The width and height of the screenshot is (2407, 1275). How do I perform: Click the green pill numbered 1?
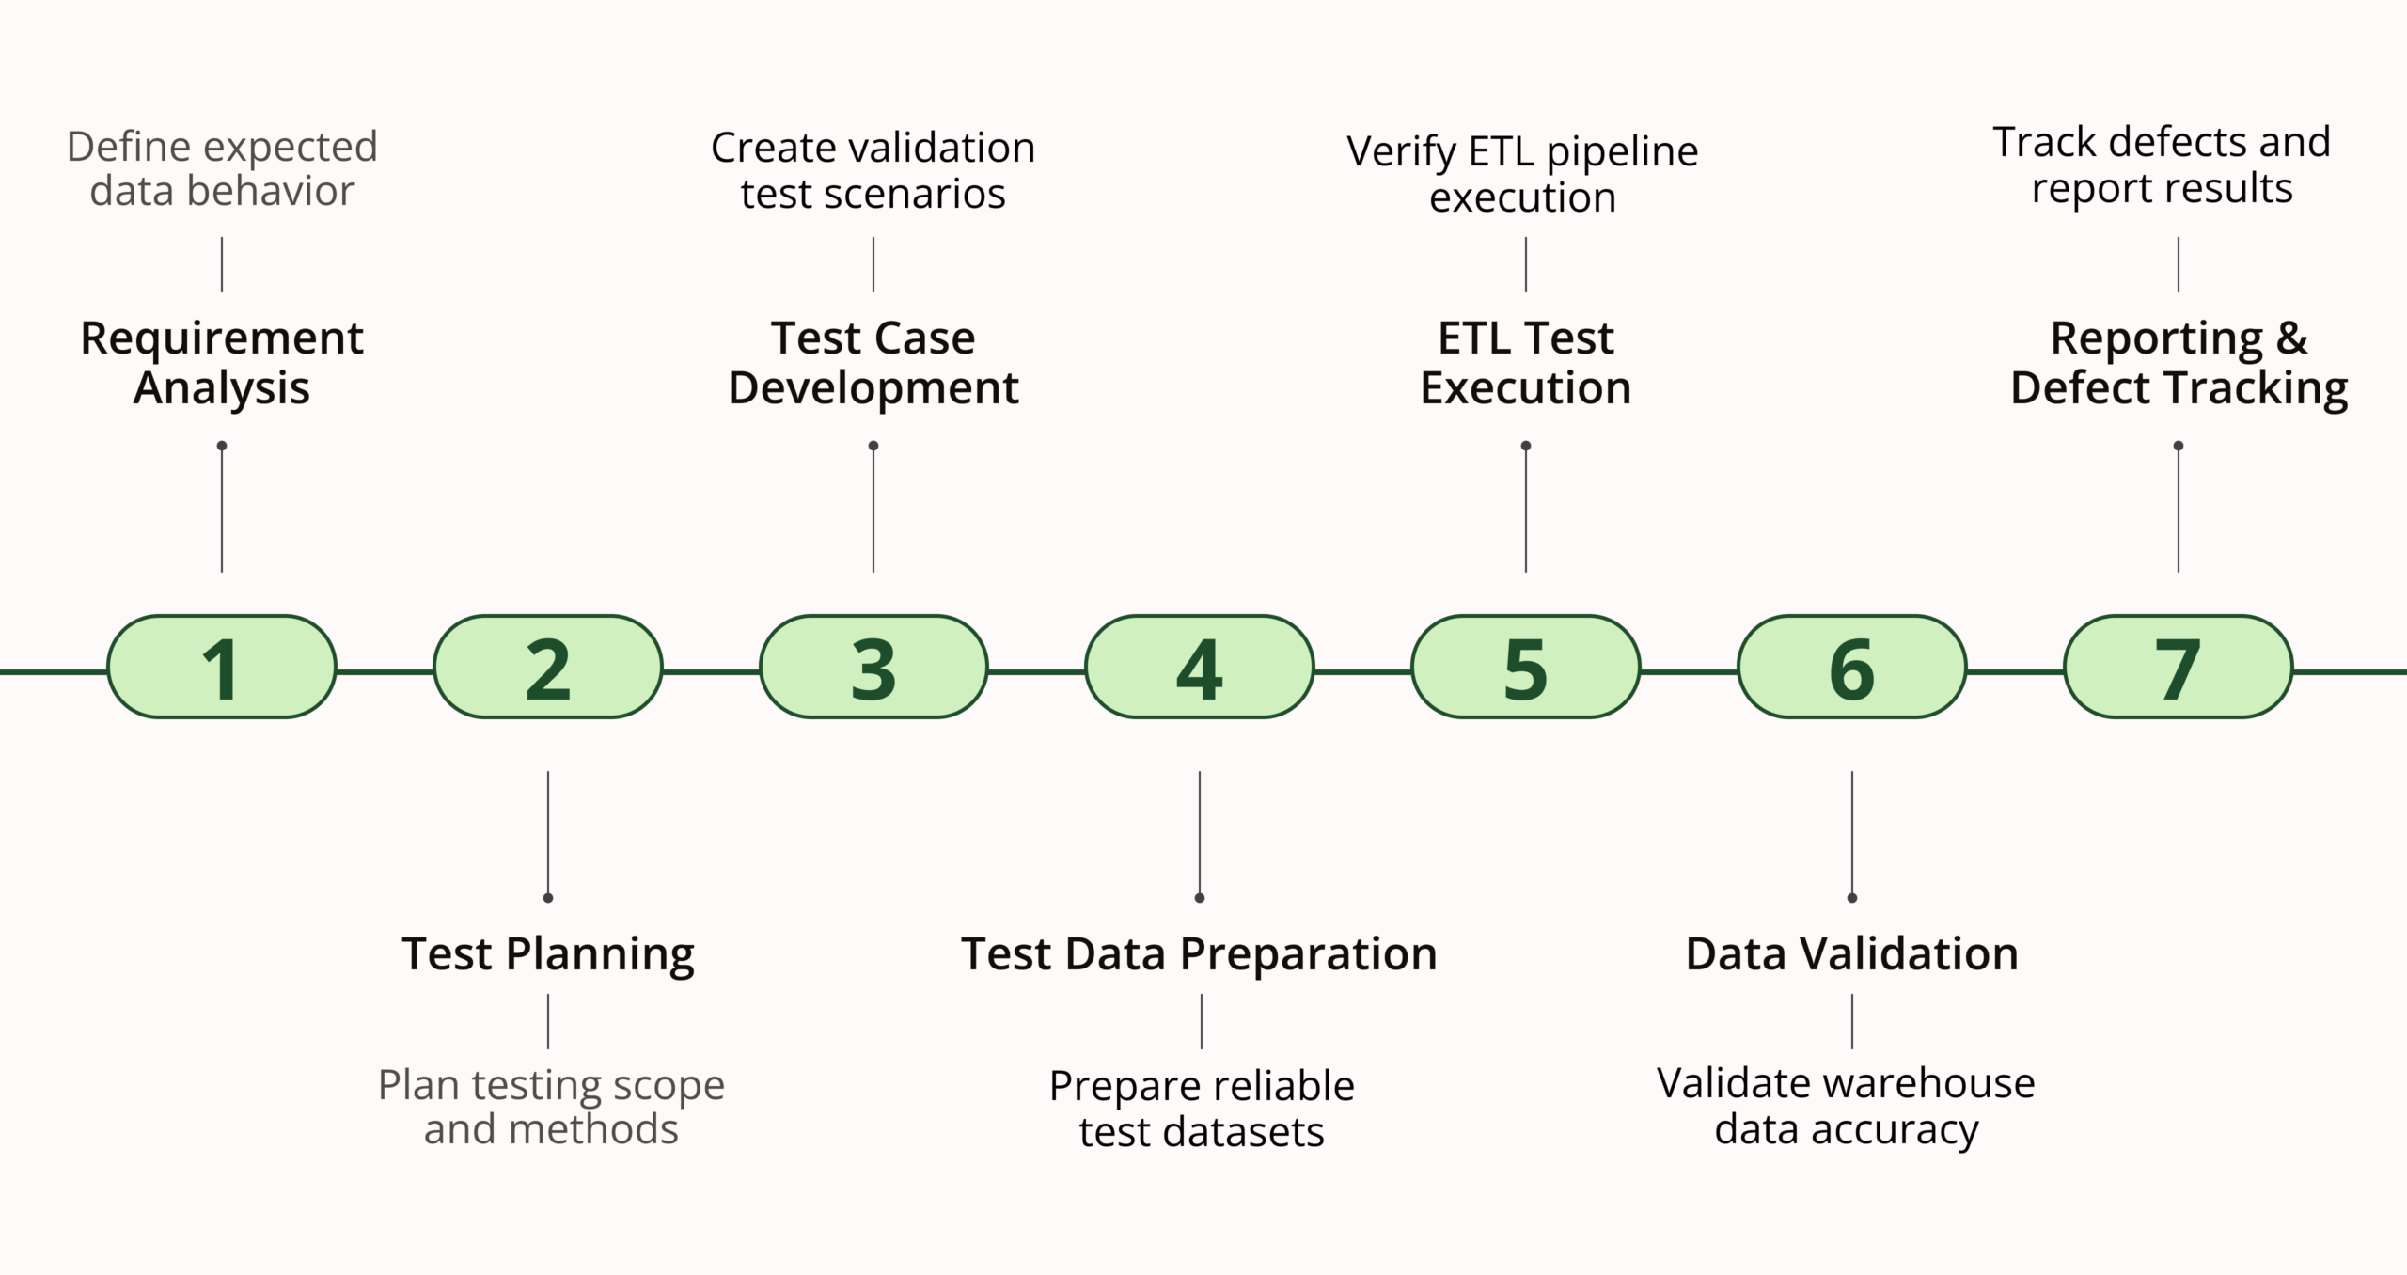click(221, 668)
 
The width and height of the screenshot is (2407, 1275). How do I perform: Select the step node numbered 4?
click(1199, 668)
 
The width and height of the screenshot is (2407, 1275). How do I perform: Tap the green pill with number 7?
click(2178, 668)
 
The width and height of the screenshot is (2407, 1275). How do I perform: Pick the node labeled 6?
click(1851, 668)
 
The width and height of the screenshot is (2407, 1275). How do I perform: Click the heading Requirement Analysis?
click(221, 363)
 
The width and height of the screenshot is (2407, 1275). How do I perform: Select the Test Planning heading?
click(548, 953)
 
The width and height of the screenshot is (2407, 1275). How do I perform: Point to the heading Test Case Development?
click(873, 363)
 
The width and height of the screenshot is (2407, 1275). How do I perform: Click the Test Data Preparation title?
click(1199, 953)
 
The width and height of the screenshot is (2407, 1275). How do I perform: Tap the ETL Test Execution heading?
click(1525, 363)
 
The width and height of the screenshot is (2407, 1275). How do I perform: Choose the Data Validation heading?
click(1851, 953)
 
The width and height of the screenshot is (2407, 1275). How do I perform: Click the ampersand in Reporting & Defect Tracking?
click(2291, 338)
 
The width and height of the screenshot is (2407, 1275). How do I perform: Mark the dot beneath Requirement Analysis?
click(222, 446)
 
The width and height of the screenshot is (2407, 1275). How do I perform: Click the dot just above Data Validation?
click(1852, 898)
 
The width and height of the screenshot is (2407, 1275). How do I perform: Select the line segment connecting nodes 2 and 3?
click(711, 671)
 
